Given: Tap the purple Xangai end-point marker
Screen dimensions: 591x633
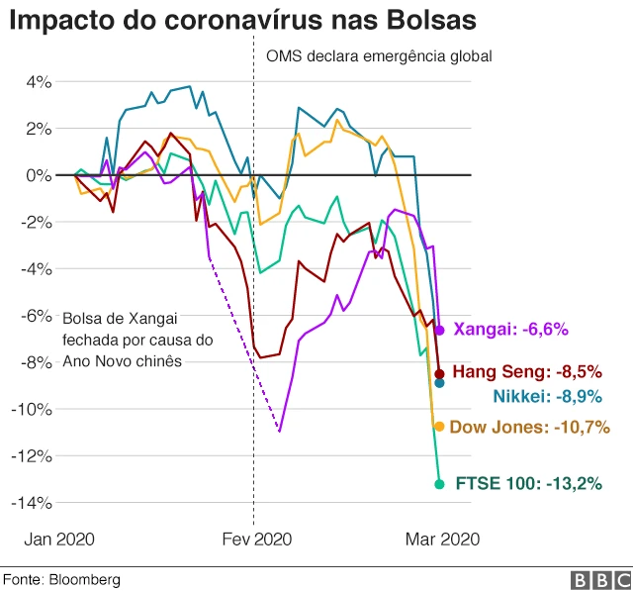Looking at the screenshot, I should point(439,330).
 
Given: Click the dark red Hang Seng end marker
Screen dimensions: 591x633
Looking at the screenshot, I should point(439,373).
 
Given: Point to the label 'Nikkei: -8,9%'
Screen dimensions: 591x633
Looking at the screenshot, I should point(546,397).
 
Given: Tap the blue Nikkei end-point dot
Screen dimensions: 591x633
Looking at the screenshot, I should point(439,383).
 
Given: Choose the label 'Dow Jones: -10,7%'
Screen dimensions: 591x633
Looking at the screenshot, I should point(529,428).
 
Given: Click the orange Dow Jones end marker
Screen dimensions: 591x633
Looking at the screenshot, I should point(439,427).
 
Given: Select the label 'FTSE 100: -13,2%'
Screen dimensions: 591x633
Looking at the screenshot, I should point(529,484).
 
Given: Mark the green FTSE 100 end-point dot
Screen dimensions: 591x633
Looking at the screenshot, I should point(439,484).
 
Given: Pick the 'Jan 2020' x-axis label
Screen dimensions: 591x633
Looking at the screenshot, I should point(58,540).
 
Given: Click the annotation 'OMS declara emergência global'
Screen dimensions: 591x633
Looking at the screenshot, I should point(379,56).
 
